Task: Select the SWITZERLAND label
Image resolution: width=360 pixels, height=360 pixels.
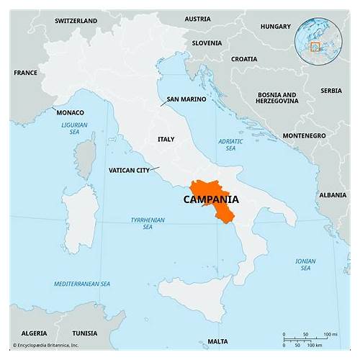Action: (75, 21)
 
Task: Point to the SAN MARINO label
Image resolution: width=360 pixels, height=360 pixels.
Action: (184, 99)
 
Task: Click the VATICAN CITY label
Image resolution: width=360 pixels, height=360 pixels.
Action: (129, 171)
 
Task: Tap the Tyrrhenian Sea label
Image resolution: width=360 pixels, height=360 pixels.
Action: (148, 223)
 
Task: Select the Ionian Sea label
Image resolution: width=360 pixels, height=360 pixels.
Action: (305, 265)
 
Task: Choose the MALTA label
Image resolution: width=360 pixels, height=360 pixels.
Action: (217, 341)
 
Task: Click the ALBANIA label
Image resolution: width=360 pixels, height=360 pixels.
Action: (333, 195)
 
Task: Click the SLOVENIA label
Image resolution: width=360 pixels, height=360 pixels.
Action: (208, 42)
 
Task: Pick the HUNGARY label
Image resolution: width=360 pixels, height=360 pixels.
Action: (276, 27)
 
